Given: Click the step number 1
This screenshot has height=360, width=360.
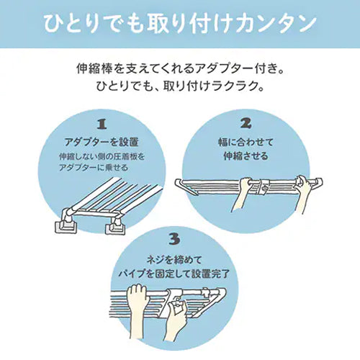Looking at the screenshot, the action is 102,125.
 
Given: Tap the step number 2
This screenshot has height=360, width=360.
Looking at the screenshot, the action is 246,123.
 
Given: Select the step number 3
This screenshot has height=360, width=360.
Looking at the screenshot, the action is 174,239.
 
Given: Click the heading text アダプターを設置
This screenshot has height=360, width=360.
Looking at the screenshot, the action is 102,143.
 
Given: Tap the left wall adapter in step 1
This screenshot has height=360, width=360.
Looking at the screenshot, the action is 66,222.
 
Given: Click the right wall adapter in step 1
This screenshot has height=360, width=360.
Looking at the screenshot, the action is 115,227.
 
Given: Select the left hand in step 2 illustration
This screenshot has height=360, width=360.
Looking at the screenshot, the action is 240,194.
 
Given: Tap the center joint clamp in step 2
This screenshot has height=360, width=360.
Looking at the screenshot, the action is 264,186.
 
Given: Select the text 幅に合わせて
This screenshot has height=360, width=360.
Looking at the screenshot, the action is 246,142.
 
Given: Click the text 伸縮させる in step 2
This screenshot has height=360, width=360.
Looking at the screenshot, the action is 246,156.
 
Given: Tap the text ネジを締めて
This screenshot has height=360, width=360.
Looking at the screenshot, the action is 174,260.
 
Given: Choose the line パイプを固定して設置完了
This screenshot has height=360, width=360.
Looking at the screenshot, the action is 174,274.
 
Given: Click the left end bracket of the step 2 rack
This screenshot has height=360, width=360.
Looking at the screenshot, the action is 185,186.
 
